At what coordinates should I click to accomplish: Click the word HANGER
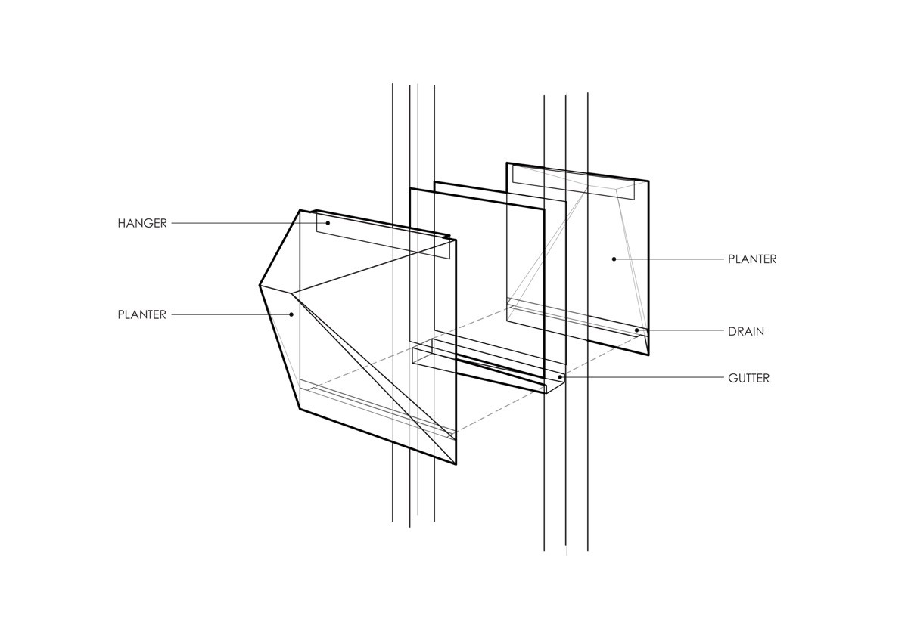[x=141, y=223]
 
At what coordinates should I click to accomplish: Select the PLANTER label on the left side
[x=141, y=314]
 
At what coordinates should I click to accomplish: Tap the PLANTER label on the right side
[x=752, y=259]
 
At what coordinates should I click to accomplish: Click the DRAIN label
[x=746, y=331]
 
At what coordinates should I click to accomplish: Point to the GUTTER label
[x=748, y=378]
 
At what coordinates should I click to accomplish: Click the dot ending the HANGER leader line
[x=328, y=223]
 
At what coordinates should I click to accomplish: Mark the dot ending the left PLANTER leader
[x=291, y=314]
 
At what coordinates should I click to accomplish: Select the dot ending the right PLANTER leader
[x=614, y=259]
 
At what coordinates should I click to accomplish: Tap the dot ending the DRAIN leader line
[x=637, y=330]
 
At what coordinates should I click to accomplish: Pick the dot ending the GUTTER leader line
[x=559, y=377]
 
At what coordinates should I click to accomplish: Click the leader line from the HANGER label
[x=250, y=223]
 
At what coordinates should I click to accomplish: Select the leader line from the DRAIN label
[x=681, y=331]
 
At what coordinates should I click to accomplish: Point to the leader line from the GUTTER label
[x=643, y=378]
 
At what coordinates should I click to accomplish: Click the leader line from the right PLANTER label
[x=670, y=259]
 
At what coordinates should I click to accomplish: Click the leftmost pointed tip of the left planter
[x=260, y=285]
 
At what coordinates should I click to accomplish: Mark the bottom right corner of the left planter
[x=456, y=464]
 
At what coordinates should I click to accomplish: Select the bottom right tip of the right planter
[x=648, y=354]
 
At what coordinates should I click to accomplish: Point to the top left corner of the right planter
[x=506, y=163]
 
